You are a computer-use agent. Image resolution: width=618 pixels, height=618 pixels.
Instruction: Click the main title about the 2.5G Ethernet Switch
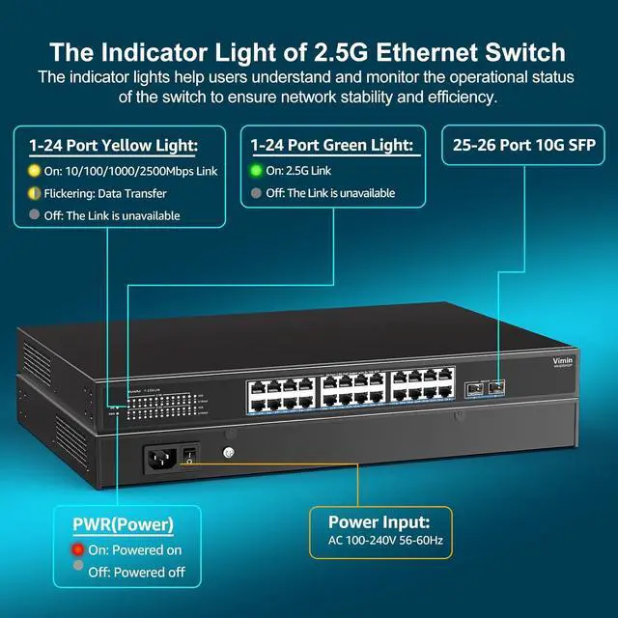(308, 50)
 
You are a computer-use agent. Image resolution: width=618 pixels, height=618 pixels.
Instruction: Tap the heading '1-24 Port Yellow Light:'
(113, 146)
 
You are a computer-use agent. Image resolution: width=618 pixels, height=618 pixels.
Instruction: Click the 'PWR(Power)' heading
(124, 525)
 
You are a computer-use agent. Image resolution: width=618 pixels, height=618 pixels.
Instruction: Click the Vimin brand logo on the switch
(563, 360)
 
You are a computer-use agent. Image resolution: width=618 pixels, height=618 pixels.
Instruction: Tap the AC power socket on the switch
(161, 460)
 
